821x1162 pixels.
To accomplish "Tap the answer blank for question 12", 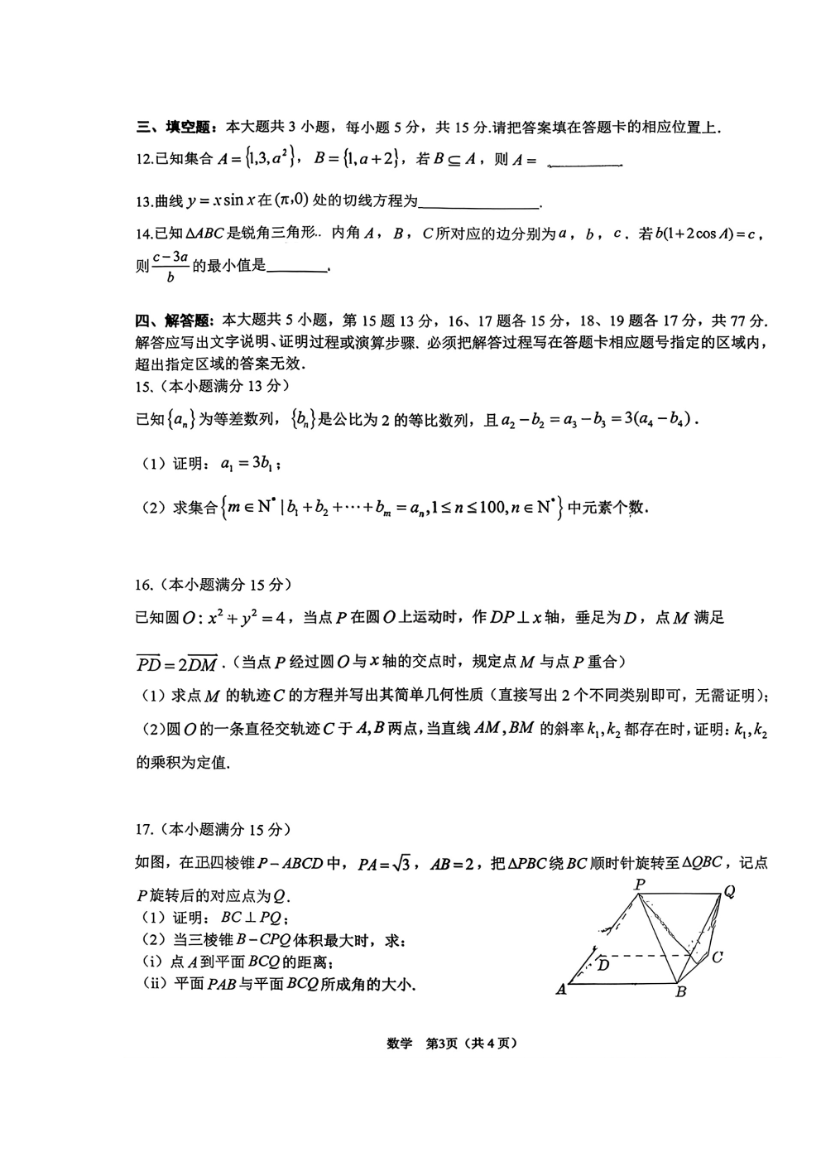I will click(585, 163).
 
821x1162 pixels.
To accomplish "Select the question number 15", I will click(144, 386).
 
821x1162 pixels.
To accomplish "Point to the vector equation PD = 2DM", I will click(176, 663).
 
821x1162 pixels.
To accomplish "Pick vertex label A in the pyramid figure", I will click(561, 989).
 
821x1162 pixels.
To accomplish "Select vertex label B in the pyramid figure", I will click(680, 992).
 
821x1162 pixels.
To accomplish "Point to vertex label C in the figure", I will click(718, 957).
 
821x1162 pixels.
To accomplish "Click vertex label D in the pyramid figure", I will click(603, 965).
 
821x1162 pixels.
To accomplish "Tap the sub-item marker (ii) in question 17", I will click(151, 985).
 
